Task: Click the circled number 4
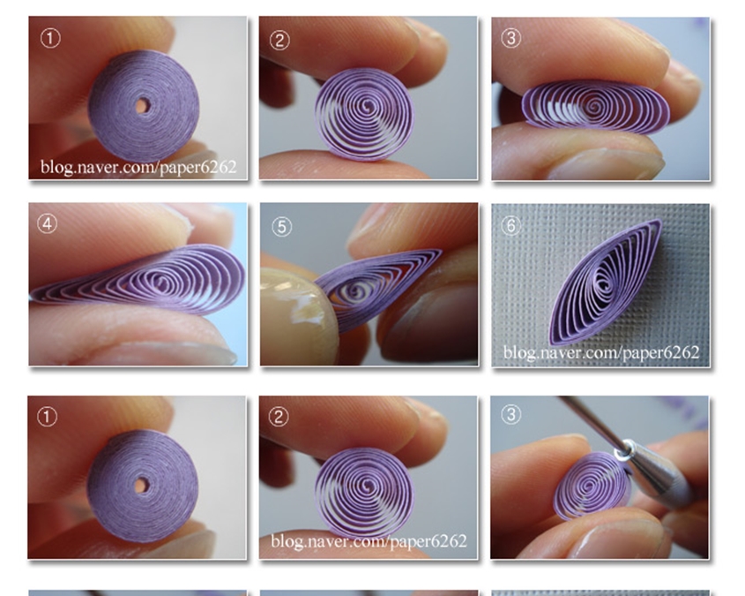coord(47,224)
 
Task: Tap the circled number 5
coord(281,227)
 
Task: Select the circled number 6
coord(510,225)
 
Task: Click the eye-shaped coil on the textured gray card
coord(605,282)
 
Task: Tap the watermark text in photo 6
coord(601,353)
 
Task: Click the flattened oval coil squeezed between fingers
coord(596,105)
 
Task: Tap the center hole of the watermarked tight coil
coord(141,106)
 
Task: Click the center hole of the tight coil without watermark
coord(140,486)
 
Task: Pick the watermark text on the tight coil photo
coord(138,167)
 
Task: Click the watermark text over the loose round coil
coord(369,541)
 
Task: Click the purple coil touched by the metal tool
coord(592,485)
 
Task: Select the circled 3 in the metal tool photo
coord(510,414)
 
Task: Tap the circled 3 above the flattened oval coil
coord(510,38)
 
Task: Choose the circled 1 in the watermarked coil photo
coord(50,38)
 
